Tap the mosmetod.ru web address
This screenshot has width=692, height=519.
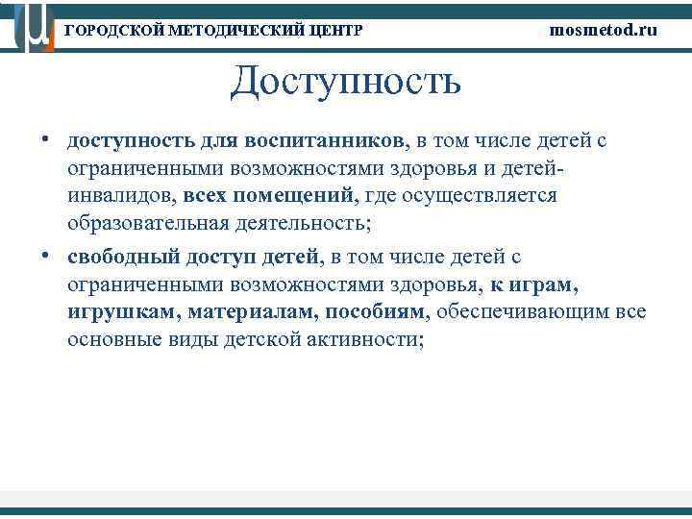[604, 30]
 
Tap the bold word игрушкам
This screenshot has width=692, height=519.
[122, 312]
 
